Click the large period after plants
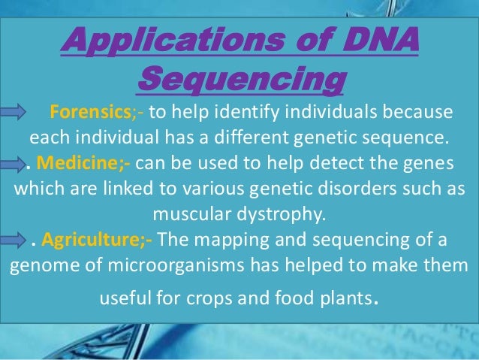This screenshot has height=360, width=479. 375,307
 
